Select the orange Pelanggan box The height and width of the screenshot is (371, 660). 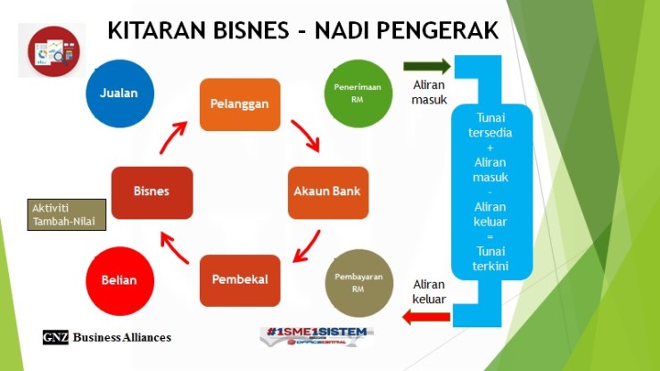tap(239, 104)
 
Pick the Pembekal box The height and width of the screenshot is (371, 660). tap(239, 278)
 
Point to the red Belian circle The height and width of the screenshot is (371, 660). tap(119, 280)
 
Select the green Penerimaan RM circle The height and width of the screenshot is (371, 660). tap(354, 93)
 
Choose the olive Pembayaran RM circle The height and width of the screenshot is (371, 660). tap(354, 279)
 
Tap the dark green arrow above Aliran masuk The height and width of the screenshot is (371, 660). tap(426, 66)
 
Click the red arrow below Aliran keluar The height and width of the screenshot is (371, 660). tap(425, 315)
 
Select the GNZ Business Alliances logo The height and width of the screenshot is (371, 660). tap(107, 337)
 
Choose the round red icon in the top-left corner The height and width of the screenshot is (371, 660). tap(54, 50)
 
